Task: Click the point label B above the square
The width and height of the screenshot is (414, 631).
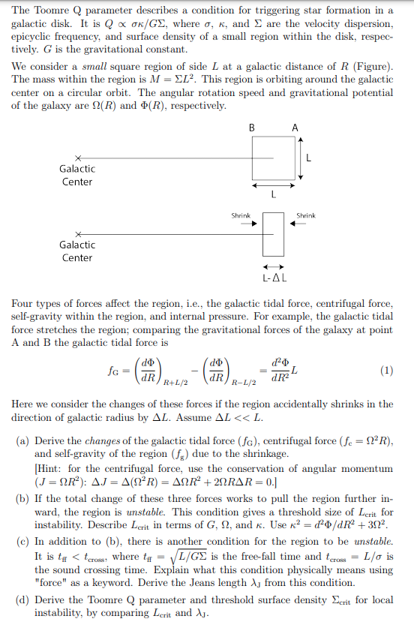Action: point(251,128)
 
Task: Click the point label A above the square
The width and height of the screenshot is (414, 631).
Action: point(295,128)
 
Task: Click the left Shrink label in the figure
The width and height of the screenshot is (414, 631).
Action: point(241,215)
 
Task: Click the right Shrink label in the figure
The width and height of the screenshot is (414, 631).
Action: point(305,215)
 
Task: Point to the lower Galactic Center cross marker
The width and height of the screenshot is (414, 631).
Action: point(77,233)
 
